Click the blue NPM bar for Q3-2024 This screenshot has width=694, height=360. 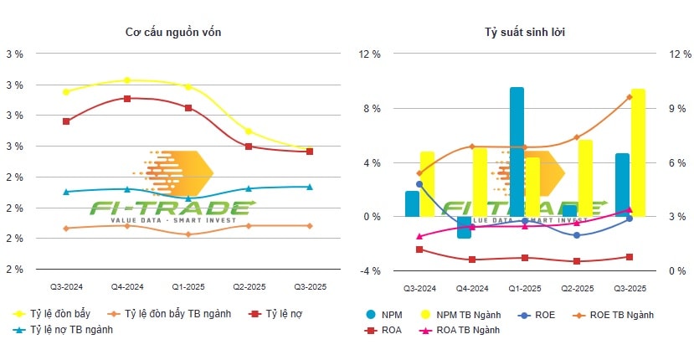click(412, 203)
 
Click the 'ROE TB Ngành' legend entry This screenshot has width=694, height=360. click(615, 314)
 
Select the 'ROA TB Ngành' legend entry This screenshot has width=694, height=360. click(463, 330)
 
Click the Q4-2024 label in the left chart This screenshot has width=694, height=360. click(127, 286)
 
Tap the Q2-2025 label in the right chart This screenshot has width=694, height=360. click(578, 288)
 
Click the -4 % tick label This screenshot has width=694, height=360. click(370, 271)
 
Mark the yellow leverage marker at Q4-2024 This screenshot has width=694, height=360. click(127, 80)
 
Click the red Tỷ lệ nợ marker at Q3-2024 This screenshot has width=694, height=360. click(66, 121)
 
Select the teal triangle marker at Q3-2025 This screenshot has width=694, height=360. click(310, 187)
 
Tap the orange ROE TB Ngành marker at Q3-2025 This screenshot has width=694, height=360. click(630, 96)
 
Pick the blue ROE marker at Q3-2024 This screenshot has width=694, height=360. click(419, 184)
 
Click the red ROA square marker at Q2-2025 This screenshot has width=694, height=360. click(578, 261)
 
